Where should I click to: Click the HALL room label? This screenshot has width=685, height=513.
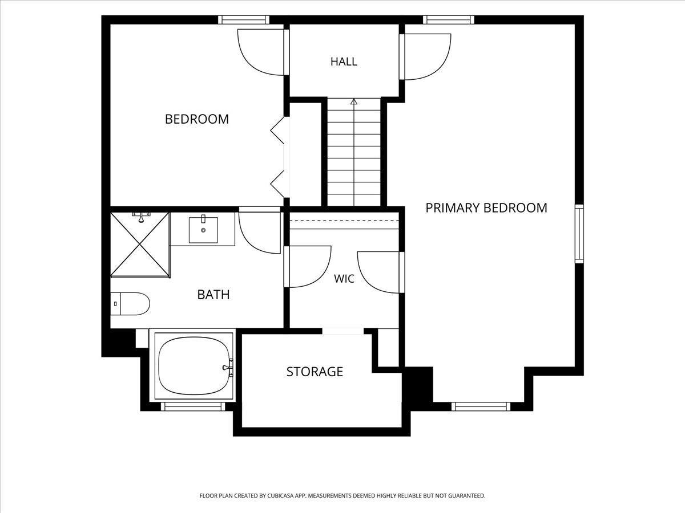[344, 62]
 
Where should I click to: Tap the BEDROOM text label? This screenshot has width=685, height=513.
[196, 119]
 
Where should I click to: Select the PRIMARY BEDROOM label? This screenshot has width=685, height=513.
[486, 208]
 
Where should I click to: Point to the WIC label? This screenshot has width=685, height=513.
[344, 279]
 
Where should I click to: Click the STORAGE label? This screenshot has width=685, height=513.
[315, 372]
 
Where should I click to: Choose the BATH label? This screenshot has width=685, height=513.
[213, 294]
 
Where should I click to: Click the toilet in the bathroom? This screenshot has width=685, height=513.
[130, 304]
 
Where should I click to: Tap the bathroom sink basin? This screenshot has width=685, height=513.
[203, 230]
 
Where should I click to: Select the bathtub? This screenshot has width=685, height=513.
[194, 366]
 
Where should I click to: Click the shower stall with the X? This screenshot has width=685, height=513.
[140, 245]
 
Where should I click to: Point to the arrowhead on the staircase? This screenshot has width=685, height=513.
[353, 101]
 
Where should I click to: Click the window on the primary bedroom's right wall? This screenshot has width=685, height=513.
[579, 234]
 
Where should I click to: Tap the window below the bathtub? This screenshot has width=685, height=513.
[195, 406]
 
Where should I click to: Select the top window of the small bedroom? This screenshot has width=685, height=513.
[244, 19]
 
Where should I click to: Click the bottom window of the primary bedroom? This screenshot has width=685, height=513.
[481, 406]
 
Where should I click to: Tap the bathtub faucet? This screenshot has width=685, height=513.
[228, 368]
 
